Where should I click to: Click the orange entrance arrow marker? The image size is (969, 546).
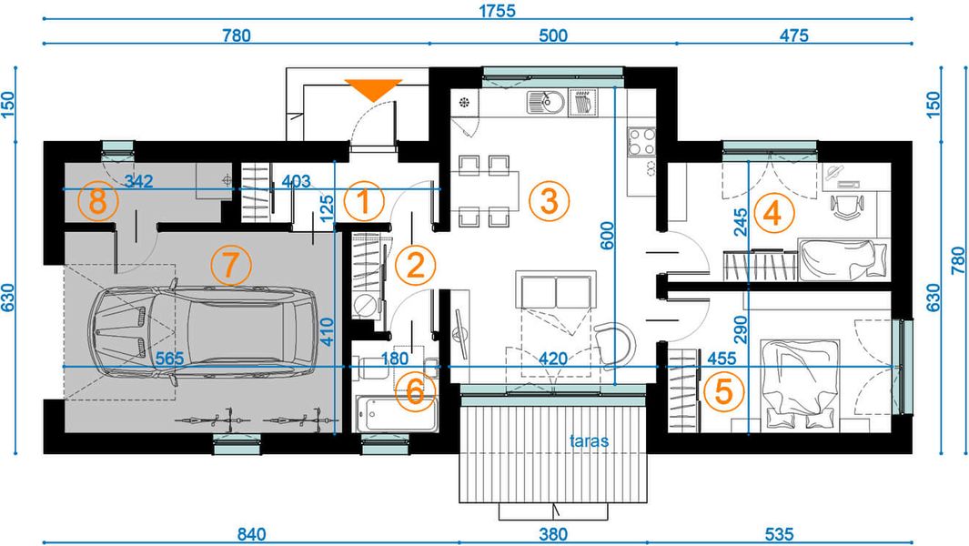click(374, 88)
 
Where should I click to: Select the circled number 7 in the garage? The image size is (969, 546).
click(229, 266)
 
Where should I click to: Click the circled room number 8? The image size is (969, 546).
click(97, 202)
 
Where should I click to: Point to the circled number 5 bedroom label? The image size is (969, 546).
click(723, 391)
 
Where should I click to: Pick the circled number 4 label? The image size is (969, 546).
click(772, 214)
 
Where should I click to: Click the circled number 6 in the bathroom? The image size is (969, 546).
click(415, 392)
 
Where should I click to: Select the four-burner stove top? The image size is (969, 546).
click(641, 140)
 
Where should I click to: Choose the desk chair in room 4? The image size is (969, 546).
click(846, 207)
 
